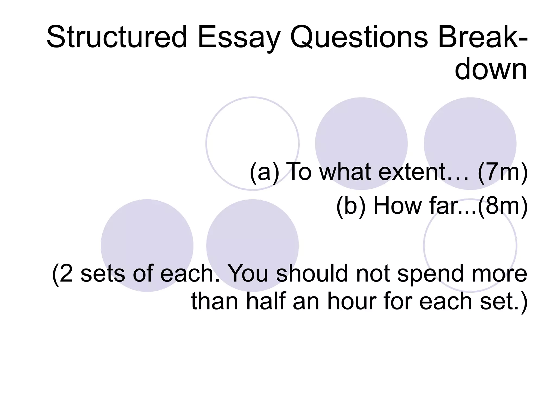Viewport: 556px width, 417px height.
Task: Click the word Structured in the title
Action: click(x=117, y=37)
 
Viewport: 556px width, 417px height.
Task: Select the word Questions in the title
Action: click(x=359, y=37)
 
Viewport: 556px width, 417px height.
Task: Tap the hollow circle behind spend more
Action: click(x=470, y=239)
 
